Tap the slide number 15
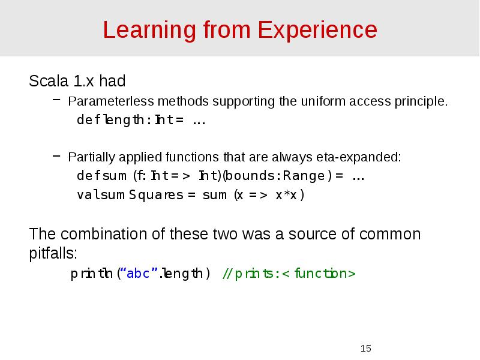pyautogui.click(x=366, y=349)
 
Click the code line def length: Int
pyautogui.click(x=141, y=120)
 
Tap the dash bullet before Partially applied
pyautogui.click(x=56, y=157)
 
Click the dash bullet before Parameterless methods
pyautogui.click(x=56, y=101)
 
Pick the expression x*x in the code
pyautogui.click(x=290, y=195)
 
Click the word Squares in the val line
pyautogui.click(x=156, y=195)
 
